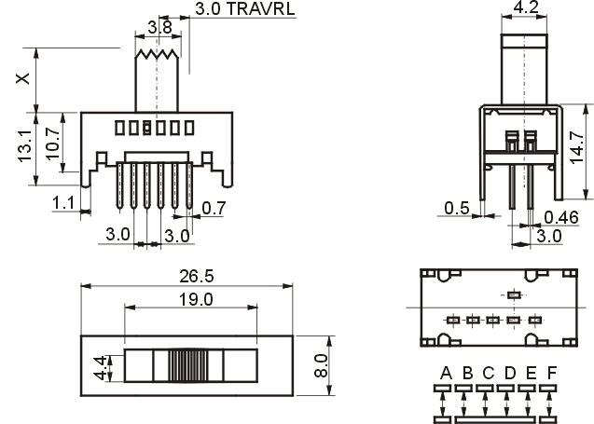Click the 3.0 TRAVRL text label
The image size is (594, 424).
(244, 8)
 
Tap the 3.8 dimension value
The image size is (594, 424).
(159, 27)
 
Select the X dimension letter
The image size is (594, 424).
(22, 78)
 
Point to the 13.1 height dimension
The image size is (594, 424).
(24, 146)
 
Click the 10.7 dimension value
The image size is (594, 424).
(52, 144)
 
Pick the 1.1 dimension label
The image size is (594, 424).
(63, 203)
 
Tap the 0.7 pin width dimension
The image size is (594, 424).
(214, 208)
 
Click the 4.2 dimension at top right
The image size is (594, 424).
(526, 7)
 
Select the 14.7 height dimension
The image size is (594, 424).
(577, 147)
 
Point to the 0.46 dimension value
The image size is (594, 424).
(561, 217)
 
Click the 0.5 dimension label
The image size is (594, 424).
(457, 208)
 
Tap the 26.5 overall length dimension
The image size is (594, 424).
(197, 277)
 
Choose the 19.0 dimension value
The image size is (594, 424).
(196, 300)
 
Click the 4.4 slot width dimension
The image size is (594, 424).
(101, 368)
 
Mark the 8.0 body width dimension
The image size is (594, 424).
(321, 365)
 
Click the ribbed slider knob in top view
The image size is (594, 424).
(188, 365)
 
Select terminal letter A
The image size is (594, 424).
(447, 374)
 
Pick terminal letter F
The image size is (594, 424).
(552, 374)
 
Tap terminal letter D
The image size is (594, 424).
(510, 374)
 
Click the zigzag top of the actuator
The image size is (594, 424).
(157, 54)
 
